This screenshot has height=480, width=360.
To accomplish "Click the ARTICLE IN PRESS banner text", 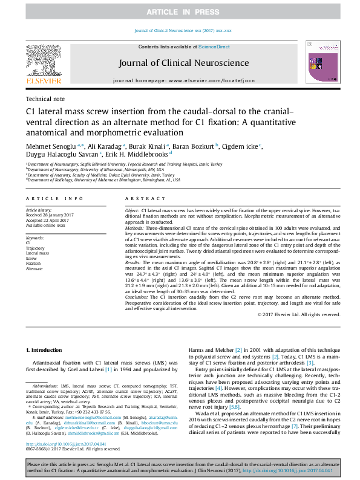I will pos(180,11).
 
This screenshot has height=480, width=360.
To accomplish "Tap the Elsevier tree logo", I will pos(44,60).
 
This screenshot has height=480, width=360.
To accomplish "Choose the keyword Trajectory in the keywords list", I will pos(35,248).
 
